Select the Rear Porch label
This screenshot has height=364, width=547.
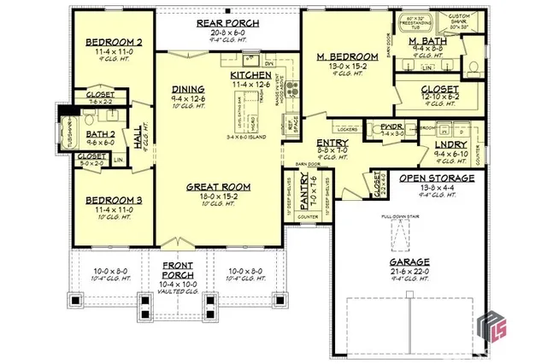221,24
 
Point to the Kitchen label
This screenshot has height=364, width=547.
250,75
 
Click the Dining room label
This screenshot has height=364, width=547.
188,89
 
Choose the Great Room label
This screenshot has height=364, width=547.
218,185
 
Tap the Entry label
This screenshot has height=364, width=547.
332,143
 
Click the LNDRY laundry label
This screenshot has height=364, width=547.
450,145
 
